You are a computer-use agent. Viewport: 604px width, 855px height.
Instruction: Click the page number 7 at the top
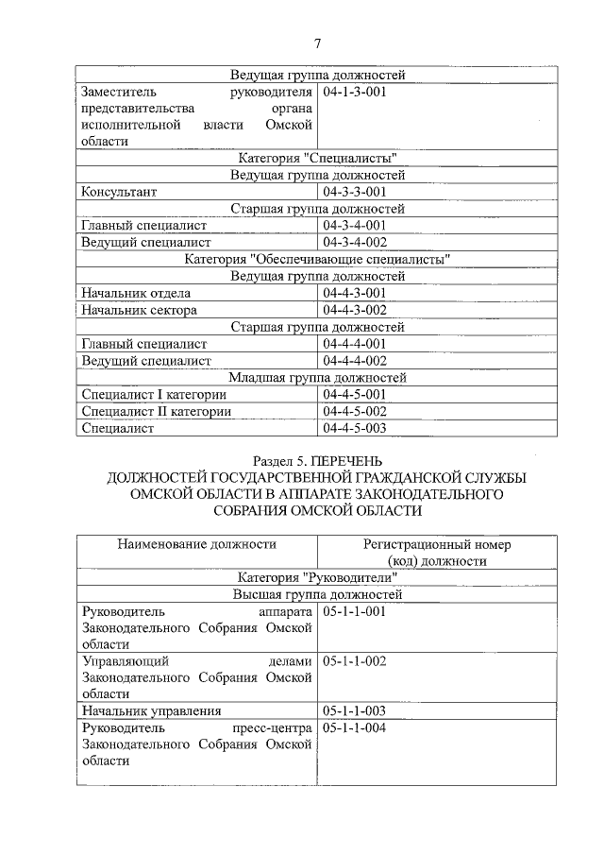pyautogui.click(x=317, y=43)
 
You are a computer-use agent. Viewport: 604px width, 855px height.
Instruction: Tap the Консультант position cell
pyautogui.click(x=119, y=192)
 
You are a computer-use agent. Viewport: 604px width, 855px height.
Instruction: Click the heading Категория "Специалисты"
pyautogui.click(x=317, y=158)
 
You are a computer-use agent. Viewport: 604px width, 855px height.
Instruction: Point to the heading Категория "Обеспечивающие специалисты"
pyautogui.click(x=317, y=259)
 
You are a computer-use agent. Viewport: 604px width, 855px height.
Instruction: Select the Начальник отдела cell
pyautogui.click(x=136, y=293)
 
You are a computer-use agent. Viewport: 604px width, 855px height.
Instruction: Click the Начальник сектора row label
pyautogui.click(x=139, y=310)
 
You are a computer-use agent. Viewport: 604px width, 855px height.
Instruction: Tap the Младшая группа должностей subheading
pyautogui.click(x=317, y=377)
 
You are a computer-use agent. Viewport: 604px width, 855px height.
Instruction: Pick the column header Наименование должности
pyautogui.click(x=196, y=544)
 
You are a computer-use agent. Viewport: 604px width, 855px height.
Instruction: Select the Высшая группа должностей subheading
pyautogui.click(x=317, y=595)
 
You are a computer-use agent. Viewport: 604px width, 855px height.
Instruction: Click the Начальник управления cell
pyautogui.click(x=151, y=710)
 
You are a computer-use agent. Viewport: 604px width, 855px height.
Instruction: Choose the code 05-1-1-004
pyautogui.click(x=355, y=728)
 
